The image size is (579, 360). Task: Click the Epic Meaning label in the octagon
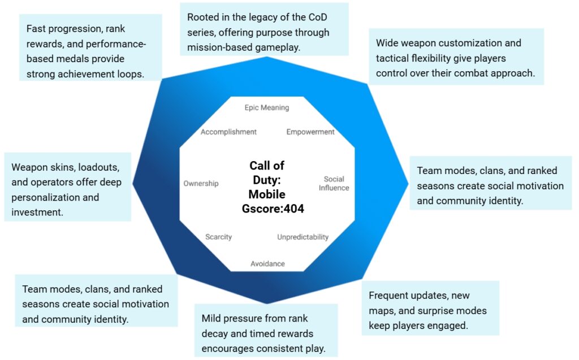click(x=266, y=107)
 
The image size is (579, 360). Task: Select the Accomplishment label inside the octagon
click(x=228, y=132)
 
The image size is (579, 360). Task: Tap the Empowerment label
click(x=310, y=132)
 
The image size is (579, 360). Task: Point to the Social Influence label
click(x=334, y=184)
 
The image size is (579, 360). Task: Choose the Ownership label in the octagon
click(x=201, y=183)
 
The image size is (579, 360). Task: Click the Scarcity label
click(x=218, y=237)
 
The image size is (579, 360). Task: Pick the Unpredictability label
click(x=303, y=237)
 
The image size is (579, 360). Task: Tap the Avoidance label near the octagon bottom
click(x=267, y=263)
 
